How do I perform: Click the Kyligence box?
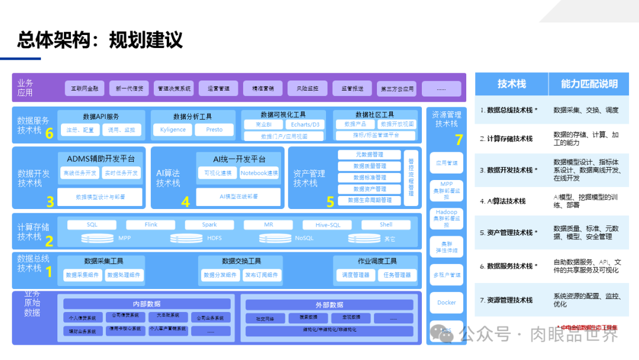(173, 130)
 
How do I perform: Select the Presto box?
(214, 130)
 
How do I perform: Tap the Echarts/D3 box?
(305, 125)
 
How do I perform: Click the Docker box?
(447, 303)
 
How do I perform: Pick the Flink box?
(151, 225)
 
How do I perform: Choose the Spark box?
(209, 225)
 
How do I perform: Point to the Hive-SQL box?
(327, 225)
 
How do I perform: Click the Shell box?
(386, 225)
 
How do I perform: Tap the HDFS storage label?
(214, 238)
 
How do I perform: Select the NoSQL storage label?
(304, 238)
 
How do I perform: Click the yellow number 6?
(50, 134)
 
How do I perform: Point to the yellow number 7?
(459, 140)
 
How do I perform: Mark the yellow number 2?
(50, 241)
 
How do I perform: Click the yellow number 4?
(185, 202)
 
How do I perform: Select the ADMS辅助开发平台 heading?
(101, 159)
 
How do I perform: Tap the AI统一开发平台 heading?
(239, 159)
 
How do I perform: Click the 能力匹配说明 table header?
(589, 84)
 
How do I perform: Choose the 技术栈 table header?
(511, 84)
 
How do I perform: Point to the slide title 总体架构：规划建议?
(100, 40)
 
